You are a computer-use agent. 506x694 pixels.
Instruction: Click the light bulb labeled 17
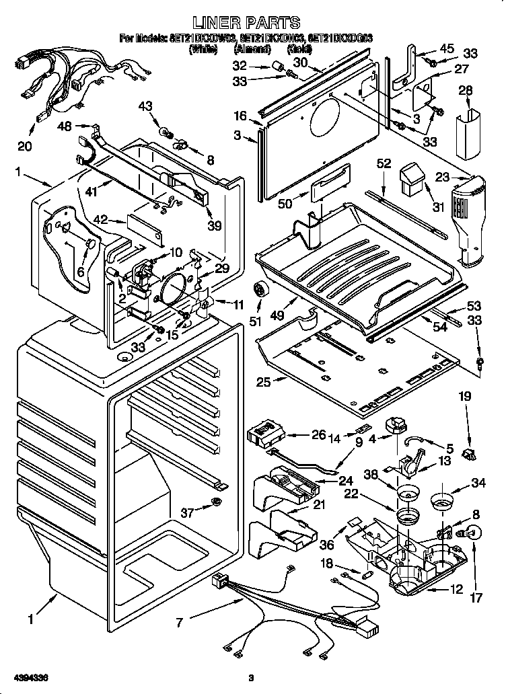pyautogui.click(x=473, y=534)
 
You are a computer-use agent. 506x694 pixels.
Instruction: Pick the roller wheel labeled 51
pyautogui.click(x=260, y=291)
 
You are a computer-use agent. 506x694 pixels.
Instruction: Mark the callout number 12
pyautogui.click(x=457, y=590)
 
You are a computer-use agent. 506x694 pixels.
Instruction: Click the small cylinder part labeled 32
pyautogui.click(x=275, y=66)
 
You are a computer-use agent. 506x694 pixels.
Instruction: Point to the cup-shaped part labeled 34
pyautogui.click(x=441, y=502)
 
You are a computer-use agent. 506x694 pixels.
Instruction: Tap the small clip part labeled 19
pyautogui.click(x=468, y=455)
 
